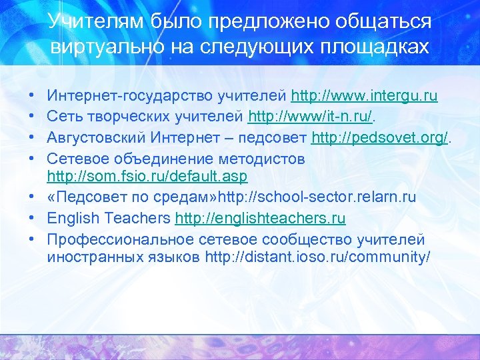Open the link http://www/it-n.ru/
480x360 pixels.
(309, 117)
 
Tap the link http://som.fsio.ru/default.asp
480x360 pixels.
(147, 176)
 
